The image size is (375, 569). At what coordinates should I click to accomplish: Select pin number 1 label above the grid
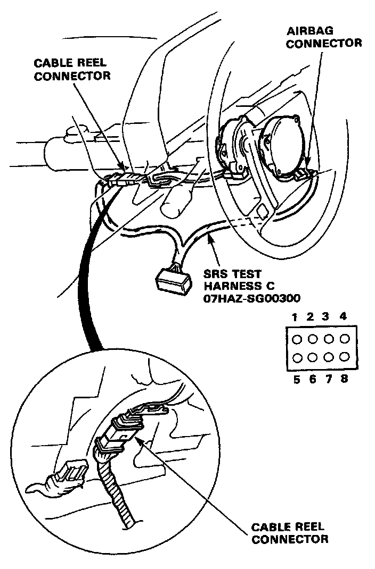click(x=294, y=317)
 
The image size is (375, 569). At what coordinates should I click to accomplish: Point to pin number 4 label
click(x=344, y=317)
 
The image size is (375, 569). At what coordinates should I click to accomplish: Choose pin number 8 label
click(x=344, y=379)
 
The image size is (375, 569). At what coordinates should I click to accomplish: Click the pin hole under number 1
click(x=296, y=339)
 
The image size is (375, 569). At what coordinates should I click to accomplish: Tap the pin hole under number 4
click(x=344, y=339)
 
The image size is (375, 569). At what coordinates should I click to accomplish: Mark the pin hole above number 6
click(x=312, y=356)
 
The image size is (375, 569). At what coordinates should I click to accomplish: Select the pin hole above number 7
click(x=328, y=356)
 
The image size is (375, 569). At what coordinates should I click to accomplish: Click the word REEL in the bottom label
click(x=308, y=528)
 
